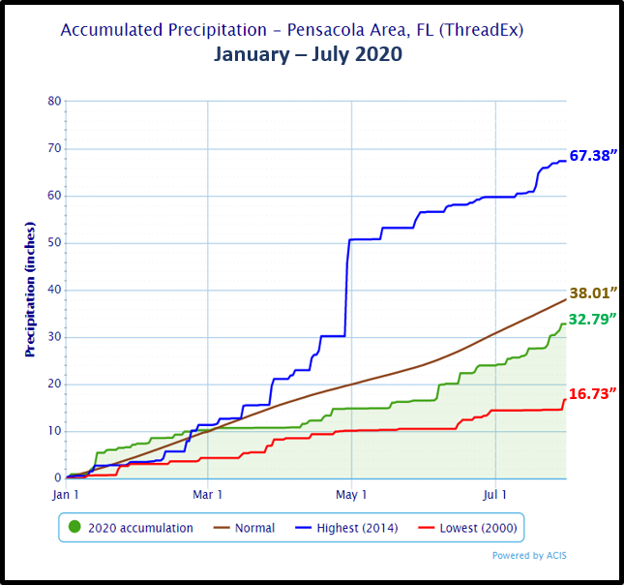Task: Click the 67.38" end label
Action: [593, 155]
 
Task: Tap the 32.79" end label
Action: [593, 319]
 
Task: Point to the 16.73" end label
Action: [593, 392]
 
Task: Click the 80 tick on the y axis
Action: [54, 101]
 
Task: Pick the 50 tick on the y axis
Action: [54, 242]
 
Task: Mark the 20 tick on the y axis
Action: [54, 384]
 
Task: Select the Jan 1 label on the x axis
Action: [66, 496]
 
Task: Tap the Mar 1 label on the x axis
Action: [208, 496]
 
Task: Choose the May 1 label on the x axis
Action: [351, 496]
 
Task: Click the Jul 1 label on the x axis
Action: [495, 496]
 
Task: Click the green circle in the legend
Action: [74, 528]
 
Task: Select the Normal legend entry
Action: [254, 528]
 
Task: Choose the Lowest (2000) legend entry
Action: [474, 528]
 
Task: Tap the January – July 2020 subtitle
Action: [308, 54]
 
